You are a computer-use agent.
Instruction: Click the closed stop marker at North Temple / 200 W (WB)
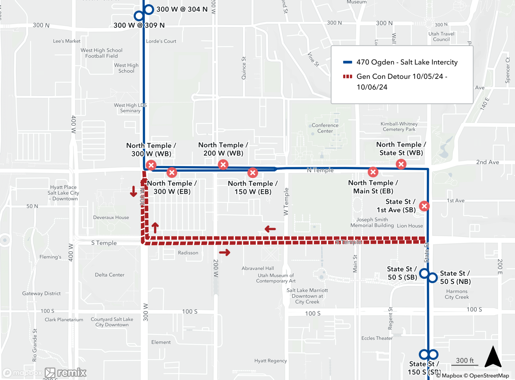pyautogui.click(x=223, y=165)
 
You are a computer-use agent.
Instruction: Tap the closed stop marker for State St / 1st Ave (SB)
pyautogui.click(x=424, y=206)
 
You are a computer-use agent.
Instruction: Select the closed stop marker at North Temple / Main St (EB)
pyautogui.click(x=373, y=172)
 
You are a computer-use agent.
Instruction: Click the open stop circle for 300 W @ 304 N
pyautogui.click(x=149, y=10)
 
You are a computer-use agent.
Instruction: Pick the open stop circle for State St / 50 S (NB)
pyautogui.click(x=433, y=278)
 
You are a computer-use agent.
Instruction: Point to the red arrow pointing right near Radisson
pyautogui.click(x=225, y=252)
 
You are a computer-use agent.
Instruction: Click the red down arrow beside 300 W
pyautogui.click(x=133, y=191)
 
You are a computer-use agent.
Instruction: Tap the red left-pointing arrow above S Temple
pyautogui.click(x=270, y=229)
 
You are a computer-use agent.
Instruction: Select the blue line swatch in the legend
pyautogui.click(x=347, y=62)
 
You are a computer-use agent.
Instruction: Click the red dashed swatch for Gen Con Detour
pyautogui.click(x=347, y=76)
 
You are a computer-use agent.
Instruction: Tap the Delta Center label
pyautogui.click(x=109, y=275)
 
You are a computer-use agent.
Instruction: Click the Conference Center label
pyautogui.click(x=325, y=128)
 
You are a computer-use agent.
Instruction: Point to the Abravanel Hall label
pyautogui.click(x=257, y=268)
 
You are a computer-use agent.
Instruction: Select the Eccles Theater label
pyautogui.click(x=377, y=338)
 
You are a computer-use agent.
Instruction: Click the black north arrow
pyautogui.click(x=493, y=357)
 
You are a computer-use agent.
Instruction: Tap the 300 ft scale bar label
pyautogui.click(x=465, y=360)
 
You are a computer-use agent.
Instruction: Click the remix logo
pyautogui.click(x=66, y=373)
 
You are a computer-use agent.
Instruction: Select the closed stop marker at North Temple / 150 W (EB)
pyautogui.click(x=253, y=173)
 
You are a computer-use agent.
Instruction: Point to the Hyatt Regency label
pyautogui.click(x=270, y=361)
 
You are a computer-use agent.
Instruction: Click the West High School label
pyautogui.click(x=126, y=68)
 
